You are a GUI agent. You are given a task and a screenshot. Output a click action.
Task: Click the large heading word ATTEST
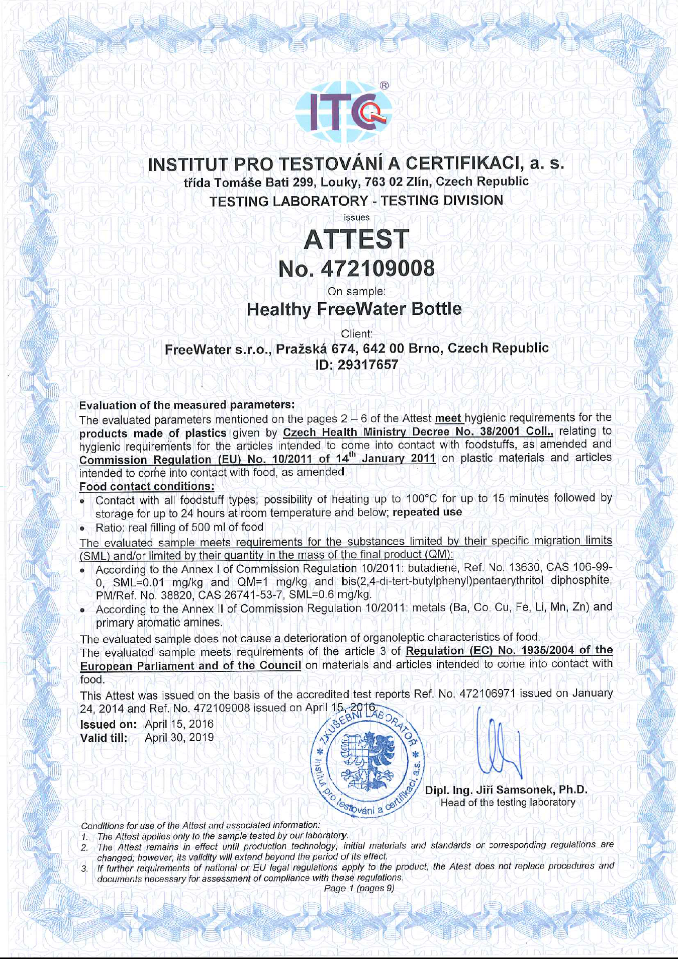(x=356, y=239)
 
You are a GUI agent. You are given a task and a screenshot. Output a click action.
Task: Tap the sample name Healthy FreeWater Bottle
(x=354, y=309)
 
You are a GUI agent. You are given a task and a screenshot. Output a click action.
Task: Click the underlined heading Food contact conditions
(x=147, y=486)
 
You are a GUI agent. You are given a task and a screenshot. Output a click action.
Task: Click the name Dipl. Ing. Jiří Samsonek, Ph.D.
(x=506, y=790)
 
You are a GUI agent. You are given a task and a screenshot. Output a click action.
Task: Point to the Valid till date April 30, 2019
(x=179, y=738)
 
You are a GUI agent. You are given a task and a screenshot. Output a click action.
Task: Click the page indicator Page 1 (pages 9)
(x=359, y=888)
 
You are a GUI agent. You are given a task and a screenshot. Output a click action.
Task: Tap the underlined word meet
(x=448, y=418)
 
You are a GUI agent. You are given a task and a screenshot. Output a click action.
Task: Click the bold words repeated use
(x=427, y=512)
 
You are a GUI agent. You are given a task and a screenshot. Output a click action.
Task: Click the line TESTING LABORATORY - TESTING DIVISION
(x=356, y=201)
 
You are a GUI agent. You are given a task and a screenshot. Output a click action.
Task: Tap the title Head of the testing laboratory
(x=508, y=803)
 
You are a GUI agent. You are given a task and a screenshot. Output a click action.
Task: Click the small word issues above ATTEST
(x=356, y=218)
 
